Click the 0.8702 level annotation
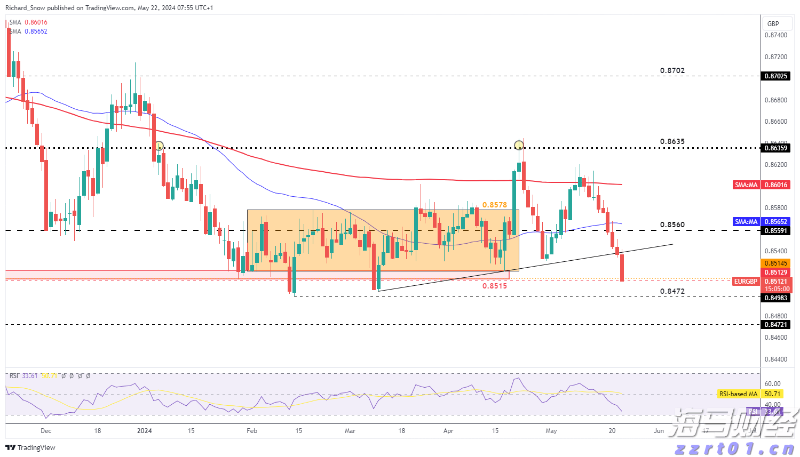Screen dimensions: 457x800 click(x=672, y=70)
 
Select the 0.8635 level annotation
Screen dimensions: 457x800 click(x=672, y=141)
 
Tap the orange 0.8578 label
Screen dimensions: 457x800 click(x=494, y=205)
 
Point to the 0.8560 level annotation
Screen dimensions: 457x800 click(x=672, y=225)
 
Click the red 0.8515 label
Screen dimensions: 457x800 click(x=494, y=286)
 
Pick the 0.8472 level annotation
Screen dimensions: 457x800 click(x=672, y=291)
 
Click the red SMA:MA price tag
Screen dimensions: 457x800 click(x=746, y=185)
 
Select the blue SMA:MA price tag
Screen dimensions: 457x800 click(x=746, y=222)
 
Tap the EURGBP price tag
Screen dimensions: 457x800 click(x=746, y=282)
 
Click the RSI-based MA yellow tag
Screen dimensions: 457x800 click(x=738, y=394)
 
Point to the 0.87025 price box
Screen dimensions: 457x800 click(x=775, y=76)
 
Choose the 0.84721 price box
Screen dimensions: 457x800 click(x=775, y=325)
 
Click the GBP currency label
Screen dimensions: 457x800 click(x=773, y=23)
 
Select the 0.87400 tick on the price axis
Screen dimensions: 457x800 click(x=775, y=35)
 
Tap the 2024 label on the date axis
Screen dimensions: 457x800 click(x=144, y=431)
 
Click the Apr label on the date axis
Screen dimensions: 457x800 click(x=448, y=431)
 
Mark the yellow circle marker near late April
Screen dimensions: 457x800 click(x=519, y=145)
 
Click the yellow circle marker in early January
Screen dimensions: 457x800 click(x=159, y=146)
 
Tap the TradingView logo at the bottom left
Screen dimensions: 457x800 click(x=30, y=447)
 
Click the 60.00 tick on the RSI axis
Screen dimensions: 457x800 click(x=772, y=384)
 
